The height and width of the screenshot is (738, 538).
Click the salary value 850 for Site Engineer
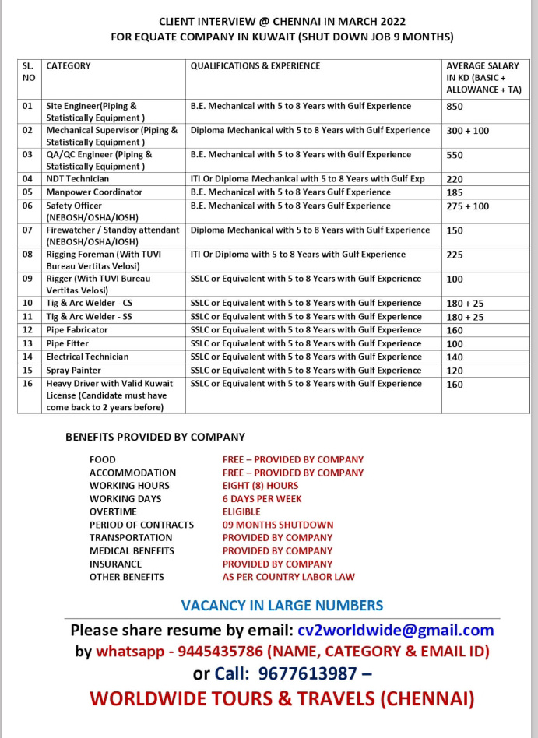pos(455,107)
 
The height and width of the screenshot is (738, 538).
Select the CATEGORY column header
pos(69,66)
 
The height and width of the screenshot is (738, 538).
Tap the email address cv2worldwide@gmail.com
pos(396,630)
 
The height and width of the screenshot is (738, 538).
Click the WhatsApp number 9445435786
pos(213,652)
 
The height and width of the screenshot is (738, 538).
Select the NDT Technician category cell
pos(78,179)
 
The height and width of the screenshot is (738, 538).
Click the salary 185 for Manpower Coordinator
pos(455,192)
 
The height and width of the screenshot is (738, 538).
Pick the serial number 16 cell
pos(28,384)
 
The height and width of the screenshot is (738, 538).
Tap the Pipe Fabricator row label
pos(77,330)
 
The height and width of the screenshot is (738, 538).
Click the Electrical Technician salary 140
pos(455,357)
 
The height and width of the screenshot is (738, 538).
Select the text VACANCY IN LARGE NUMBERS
pos(282,605)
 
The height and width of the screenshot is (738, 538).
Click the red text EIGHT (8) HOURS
pos(260,486)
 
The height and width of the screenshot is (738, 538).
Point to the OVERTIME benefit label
pos(113,511)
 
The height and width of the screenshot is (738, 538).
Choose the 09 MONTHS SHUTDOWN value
pos(278,525)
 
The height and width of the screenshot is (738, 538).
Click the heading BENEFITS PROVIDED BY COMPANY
pos(155,437)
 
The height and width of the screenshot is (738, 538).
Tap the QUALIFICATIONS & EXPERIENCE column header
pos(255,66)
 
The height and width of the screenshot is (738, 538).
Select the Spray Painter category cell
pos(74,371)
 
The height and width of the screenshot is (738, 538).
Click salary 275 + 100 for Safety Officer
pos(468,206)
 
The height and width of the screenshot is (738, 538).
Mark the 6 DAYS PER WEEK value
pos(262,499)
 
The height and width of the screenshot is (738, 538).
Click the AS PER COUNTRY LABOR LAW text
pos(289,577)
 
